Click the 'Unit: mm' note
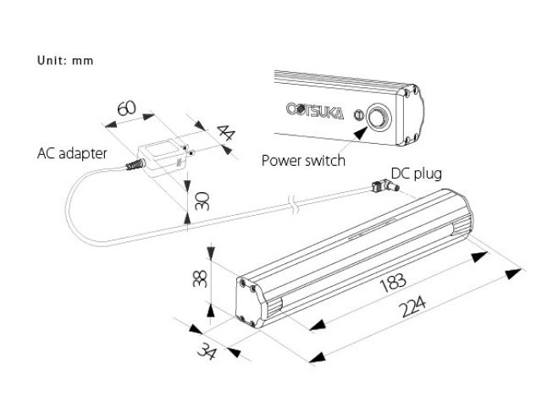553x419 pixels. pos(64,61)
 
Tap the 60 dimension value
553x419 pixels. pos(126,109)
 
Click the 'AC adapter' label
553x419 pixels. pos(72,154)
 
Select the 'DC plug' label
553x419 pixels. pos(417,174)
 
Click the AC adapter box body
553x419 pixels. pos(162,159)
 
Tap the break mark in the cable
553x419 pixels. pos(292,203)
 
